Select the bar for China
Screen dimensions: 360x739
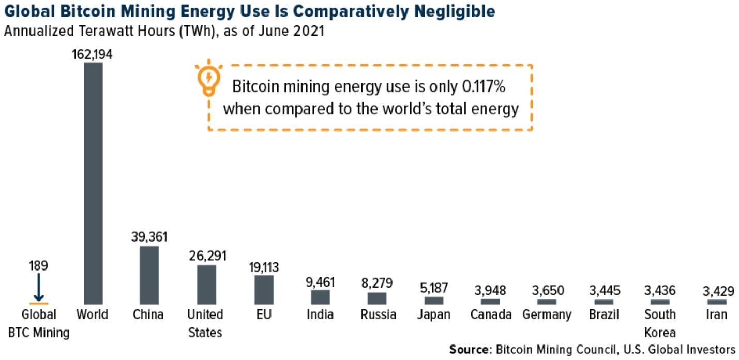click(149, 275)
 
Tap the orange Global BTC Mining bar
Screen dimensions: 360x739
click(39, 303)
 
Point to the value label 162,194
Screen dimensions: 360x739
click(93, 54)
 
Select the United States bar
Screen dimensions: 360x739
click(206, 284)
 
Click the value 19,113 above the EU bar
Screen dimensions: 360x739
click(263, 267)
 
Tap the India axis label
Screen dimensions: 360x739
click(320, 314)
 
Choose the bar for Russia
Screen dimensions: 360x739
click(376, 298)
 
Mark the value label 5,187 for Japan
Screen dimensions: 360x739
click(433, 288)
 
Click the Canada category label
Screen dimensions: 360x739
click(490, 314)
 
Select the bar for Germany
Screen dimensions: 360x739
click(547, 302)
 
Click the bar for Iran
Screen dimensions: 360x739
click(716, 302)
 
